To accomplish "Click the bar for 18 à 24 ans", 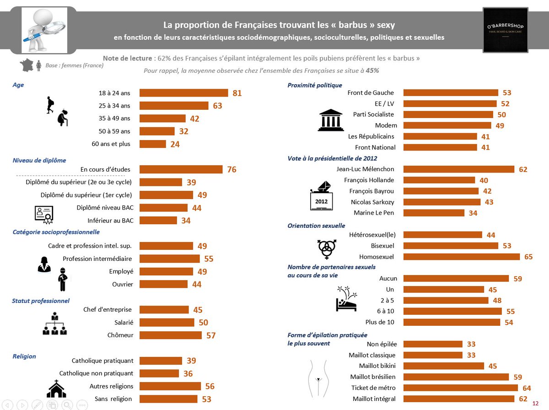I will pos(183,93).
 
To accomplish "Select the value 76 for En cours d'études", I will pos(231,169).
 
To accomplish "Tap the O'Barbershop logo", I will pos(506,30).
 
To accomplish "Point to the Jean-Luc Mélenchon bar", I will pos(459,169).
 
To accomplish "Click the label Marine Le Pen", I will pos(374,213).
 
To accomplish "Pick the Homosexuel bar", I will pos(462,257).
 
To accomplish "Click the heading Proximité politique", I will pos(315,85).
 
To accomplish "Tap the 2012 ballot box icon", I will pos(321,196).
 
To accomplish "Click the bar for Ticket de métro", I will pos(461,388).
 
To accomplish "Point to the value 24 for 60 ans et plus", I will pos(175,144).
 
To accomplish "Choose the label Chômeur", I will pos(121,335).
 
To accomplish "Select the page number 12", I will pos(536,403).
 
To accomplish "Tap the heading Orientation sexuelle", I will pos(316,226).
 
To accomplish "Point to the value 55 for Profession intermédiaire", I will pos(209,259).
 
